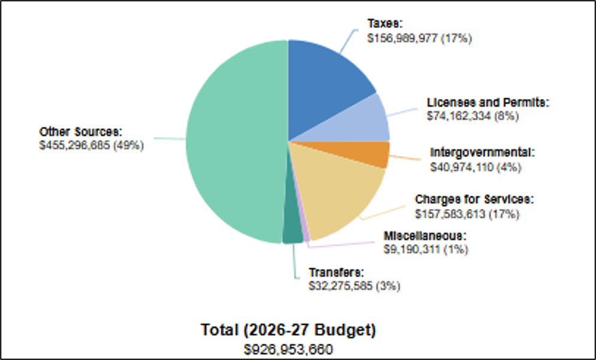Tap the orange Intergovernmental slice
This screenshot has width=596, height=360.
click(x=365, y=152)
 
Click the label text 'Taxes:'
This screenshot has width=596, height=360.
click(x=385, y=23)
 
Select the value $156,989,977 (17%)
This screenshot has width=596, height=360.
click(x=419, y=38)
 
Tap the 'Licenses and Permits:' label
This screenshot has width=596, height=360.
click(x=488, y=102)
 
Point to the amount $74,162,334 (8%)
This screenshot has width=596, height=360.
click(x=473, y=116)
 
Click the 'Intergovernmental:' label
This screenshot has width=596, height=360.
click(x=482, y=152)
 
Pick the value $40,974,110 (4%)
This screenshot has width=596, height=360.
click(x=476, y=167)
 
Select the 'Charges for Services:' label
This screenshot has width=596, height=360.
click(x=474, y=199)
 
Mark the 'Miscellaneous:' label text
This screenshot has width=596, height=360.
click(x=425, y=235)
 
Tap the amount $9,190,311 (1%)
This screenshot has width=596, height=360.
click(x=426, y=249)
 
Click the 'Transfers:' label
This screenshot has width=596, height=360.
click(x=337, y=273)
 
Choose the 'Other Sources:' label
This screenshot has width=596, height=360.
click(x=81, y=132)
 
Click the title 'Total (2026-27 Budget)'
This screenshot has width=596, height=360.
click(x=289, y=330)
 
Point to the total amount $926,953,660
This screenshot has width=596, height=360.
click(x=289, y=349)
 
